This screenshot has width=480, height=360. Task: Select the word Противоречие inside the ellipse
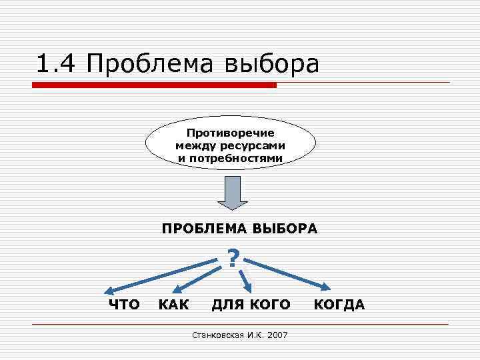click(230, 133)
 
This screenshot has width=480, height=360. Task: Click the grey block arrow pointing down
click(231, 193)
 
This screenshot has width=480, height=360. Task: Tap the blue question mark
click(233, 258)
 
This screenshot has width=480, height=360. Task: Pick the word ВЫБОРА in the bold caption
click(285, 229)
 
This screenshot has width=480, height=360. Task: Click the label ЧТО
click(124, 305)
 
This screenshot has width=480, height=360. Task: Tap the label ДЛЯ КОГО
click(251, 305)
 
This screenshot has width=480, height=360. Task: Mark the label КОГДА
click(339, 305)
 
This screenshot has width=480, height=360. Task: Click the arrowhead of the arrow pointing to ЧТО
click(109, 291)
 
